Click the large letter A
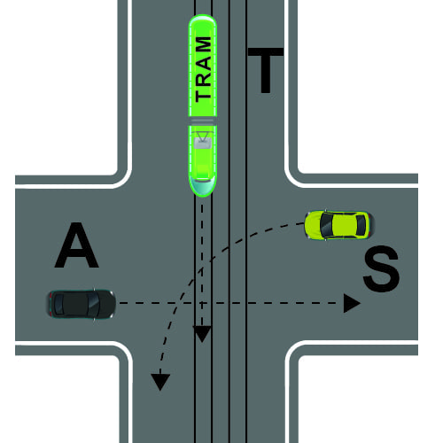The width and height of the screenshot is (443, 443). click(x=77, y=245)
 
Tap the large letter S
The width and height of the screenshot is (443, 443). click(x=381, y=268)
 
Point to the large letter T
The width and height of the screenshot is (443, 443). click(x=266, y=70)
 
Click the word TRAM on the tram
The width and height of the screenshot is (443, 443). click(x=203, y=69)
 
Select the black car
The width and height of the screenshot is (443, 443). click(x=82, y=304)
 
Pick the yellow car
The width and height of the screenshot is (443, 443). click(x=339, y=225)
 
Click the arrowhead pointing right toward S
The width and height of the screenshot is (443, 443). click(x=352, y=303)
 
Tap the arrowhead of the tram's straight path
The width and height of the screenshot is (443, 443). click(x=202, y=334)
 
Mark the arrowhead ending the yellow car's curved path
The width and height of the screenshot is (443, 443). click(x=160, y=382)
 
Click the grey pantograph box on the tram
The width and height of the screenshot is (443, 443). click(x=203, y=144)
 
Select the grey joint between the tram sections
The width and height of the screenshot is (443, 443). click(x=203, y=121)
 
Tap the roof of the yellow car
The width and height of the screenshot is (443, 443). click(x=343, y=225)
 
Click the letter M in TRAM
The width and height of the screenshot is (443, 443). click(x=203, y=45)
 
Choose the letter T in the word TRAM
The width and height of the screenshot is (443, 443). click(x=203, y=95)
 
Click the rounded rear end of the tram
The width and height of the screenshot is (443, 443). click(x=203, y=23)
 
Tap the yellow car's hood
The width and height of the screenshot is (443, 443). click(x=313, y=225)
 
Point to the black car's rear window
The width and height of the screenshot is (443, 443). click(x=58, y=304)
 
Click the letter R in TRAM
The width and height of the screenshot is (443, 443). click(x=203, y=78)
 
